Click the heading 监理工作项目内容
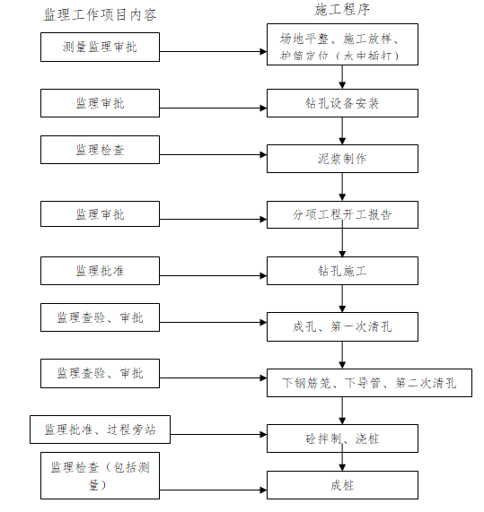click(101, 15)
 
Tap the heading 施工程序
click(341, 10)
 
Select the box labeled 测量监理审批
click(101, 47)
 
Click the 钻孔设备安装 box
click(342, 103)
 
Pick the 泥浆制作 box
click(342, 159)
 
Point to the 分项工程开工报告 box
click(342, 215)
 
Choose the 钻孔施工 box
click(342, 271)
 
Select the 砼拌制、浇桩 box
click(342, 440)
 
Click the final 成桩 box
click(342, 485)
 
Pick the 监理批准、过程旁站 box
click(100, 430)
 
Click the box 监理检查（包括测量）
click(100, 476)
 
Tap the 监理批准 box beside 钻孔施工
click(100, 271)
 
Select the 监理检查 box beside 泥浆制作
click(100, 150)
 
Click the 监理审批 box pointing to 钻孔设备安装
click(100, 103)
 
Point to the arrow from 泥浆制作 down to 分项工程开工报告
click(342, 187)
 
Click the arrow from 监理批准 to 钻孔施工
click(213, 271)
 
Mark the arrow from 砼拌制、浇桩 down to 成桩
click(342, 463)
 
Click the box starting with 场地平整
click(342, 47)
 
